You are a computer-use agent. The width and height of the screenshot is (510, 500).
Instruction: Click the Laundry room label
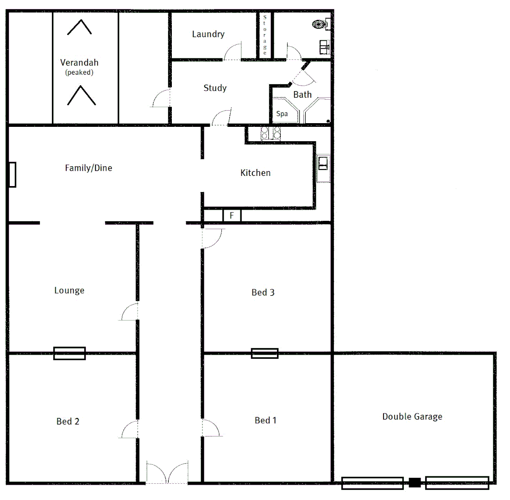point(208,34)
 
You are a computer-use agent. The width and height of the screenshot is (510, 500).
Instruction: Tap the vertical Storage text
point(265,35)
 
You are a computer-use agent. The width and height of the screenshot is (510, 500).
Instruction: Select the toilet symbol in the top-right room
point(319,24)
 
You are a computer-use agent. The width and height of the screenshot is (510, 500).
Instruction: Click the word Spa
point(282,113)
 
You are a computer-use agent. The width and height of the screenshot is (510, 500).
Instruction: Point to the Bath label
point(302,94)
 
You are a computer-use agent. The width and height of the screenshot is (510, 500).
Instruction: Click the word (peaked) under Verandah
point(79,72)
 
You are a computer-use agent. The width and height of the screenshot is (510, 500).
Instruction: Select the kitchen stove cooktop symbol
point(271,133)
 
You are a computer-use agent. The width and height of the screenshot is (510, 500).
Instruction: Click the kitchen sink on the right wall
point(323,163)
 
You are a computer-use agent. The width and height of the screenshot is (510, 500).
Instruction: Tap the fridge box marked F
point(232,216)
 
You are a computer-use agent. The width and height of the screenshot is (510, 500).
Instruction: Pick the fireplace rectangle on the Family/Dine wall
point(12,175)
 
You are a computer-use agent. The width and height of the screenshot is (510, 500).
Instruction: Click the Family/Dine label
point(88,168)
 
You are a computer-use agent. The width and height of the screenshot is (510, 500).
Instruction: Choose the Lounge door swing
point(129,312)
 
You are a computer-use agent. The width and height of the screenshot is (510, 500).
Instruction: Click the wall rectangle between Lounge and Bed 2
point(69,353)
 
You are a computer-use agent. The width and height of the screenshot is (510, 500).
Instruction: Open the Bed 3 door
point(212,238)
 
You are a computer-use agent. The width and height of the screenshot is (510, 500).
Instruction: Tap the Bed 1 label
point(265,420)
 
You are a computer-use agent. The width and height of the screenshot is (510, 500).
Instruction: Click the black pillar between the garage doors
point(414,483)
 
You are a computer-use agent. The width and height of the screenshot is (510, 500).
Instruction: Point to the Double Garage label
point(412,417)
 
